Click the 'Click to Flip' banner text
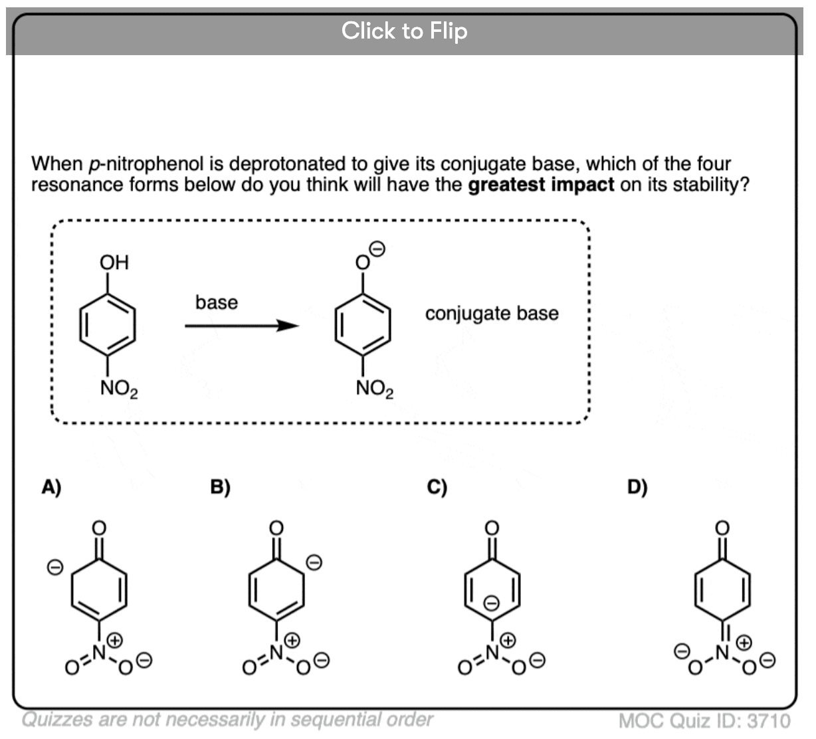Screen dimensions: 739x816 coord(404,31)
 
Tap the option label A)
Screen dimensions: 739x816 coord(51,487)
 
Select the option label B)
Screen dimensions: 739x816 coord(220,487)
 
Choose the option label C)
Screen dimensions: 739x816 coord(437,487)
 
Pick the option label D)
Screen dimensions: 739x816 coord(637,487)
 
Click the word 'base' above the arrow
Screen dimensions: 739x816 coord(216,302)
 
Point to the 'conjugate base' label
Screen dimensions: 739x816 coord(492,313)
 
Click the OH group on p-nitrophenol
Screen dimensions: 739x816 coord(114,262)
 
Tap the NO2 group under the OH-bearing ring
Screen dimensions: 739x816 coord(119,389)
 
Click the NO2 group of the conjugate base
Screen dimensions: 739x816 coord(375,389)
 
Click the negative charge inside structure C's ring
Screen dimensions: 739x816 coord(490,603)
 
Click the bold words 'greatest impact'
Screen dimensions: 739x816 coord(541,184)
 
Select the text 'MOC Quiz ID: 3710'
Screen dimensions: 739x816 coord(704,720)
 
